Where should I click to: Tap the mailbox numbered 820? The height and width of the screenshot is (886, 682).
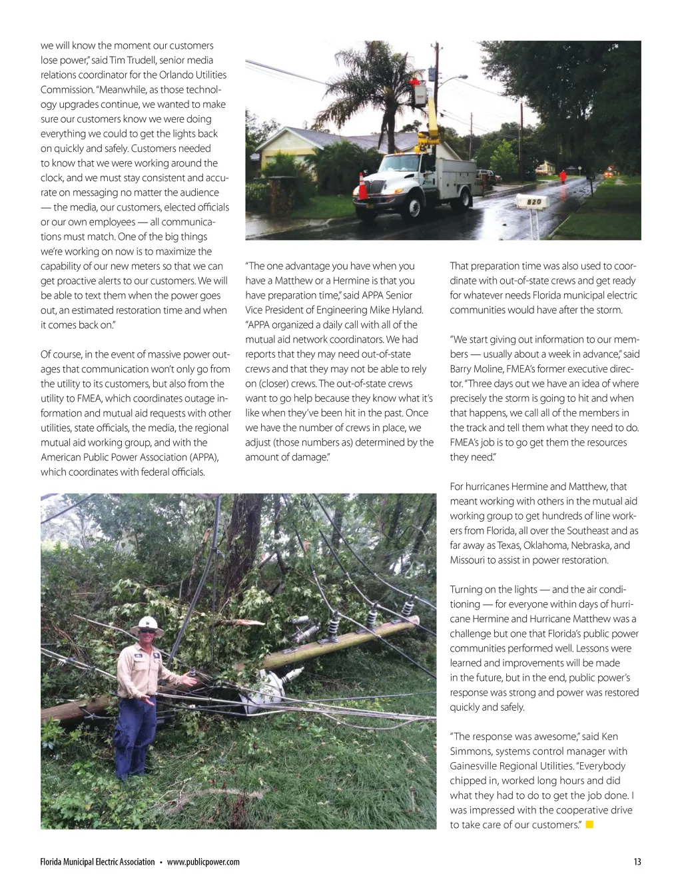pos(533,201)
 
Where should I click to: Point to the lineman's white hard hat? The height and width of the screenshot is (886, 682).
pos(147,625)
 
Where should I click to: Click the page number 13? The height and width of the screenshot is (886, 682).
pos(637,862)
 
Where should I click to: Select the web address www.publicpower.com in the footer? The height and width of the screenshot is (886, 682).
pos(203,862)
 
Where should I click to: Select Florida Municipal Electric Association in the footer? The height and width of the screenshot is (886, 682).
pos(97,862)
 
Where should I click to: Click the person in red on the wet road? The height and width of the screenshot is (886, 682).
pos(563,177)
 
